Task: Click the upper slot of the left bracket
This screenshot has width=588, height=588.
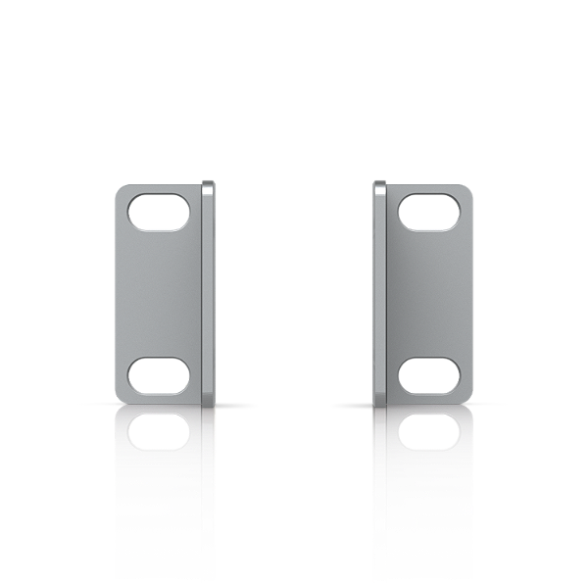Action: tap(158, 212)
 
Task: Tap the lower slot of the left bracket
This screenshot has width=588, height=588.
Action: tap(158, 373)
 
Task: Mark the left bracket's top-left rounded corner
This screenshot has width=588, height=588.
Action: tap(121, 189)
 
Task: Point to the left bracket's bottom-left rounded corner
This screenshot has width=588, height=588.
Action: tap(121, 396)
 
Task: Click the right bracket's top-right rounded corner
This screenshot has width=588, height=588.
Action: tap(467, 189)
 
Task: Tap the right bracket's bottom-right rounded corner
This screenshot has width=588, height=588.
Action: tap(467, 396)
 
